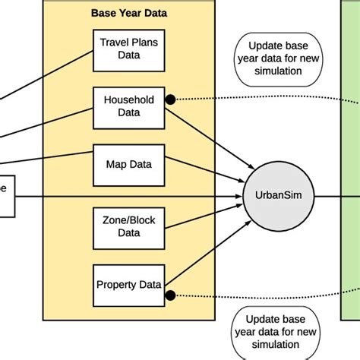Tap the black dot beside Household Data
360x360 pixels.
coord(171,99)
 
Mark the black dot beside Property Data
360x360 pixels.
coord(171,294)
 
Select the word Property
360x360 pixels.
coord(115,285)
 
